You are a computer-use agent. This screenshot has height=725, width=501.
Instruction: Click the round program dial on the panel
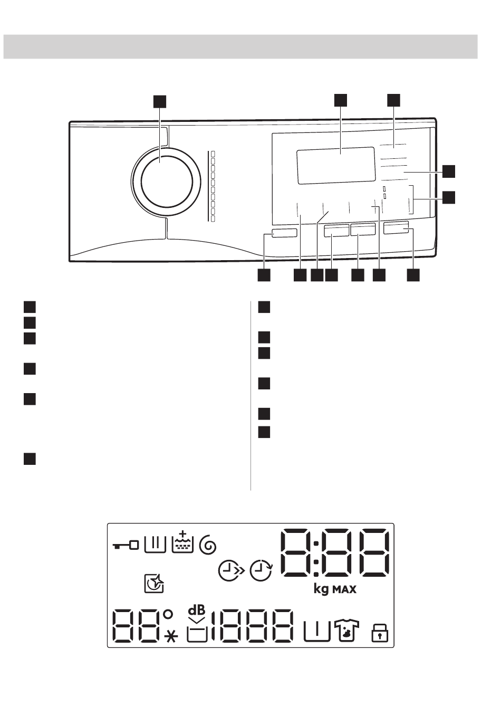167,181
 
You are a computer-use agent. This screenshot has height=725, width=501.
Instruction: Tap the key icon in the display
126,545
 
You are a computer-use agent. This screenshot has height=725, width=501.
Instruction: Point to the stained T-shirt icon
346,629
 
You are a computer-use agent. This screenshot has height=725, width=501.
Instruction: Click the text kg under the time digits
321,589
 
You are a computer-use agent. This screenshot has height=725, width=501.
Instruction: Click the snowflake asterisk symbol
171,636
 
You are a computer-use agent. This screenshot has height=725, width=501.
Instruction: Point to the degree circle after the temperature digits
168,614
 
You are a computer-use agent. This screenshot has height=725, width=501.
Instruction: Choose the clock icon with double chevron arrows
232,571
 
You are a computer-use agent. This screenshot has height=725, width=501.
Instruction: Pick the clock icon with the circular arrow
261,571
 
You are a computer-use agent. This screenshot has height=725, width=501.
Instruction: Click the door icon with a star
154,584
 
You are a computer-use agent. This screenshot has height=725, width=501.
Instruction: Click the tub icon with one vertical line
317,631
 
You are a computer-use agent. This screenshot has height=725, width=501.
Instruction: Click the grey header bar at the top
240,46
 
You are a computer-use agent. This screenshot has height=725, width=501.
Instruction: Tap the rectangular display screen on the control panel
335,165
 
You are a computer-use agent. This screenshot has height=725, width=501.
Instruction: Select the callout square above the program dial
159,101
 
